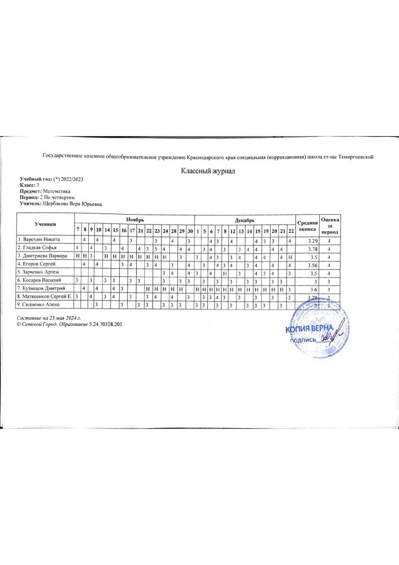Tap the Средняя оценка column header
pyautogui.click(x=306, y=225)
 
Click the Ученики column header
pyautogui.click(x=44, y=225)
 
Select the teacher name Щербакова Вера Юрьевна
pyautogui.click(x=76, y=203)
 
